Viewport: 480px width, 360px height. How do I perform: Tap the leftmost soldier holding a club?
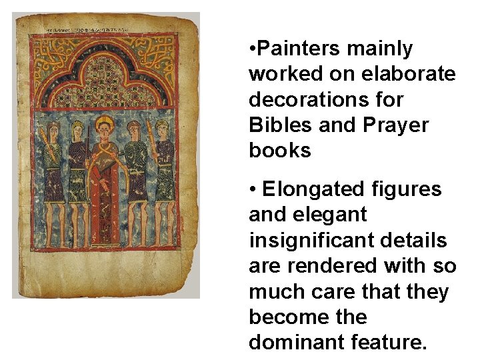[x=53, y=167]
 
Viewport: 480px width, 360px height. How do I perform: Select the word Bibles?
[x=282, y=125]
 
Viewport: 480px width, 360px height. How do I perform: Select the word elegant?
[x=317, y=215]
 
